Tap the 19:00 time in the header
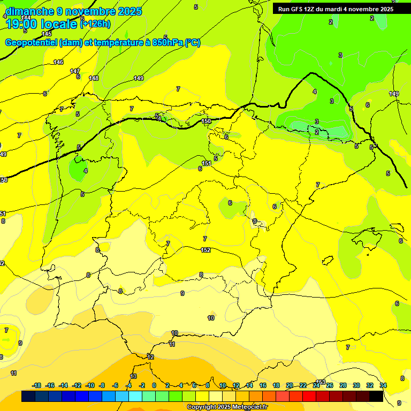(x=21, y=24)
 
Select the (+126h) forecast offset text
(x=95, y=24)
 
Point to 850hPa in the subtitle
(x=166, y=43)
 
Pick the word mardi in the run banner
(x=337, y=9)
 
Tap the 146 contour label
(x=58, y=63)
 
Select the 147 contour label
(x=75, y=71)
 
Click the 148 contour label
(x=94, y=78)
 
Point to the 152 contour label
(x=205, y=250)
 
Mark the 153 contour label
(x=321, y=382)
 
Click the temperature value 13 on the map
(x=133, y=376)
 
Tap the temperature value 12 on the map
(x=150, y=357)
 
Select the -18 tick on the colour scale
(x=37, y=385)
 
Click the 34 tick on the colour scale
(x=383, y=385)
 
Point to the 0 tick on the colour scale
(x=154, y=385)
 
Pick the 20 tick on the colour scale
(x=290, y=385)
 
